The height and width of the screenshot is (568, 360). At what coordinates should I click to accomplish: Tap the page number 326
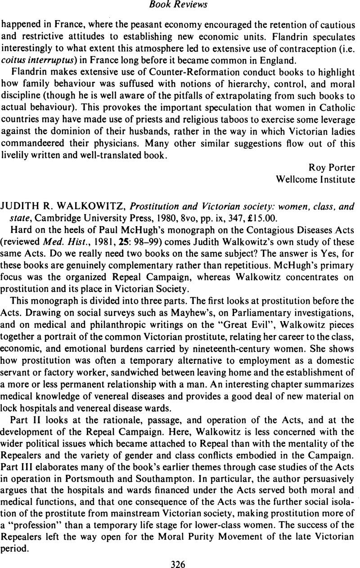coord(180,561)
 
